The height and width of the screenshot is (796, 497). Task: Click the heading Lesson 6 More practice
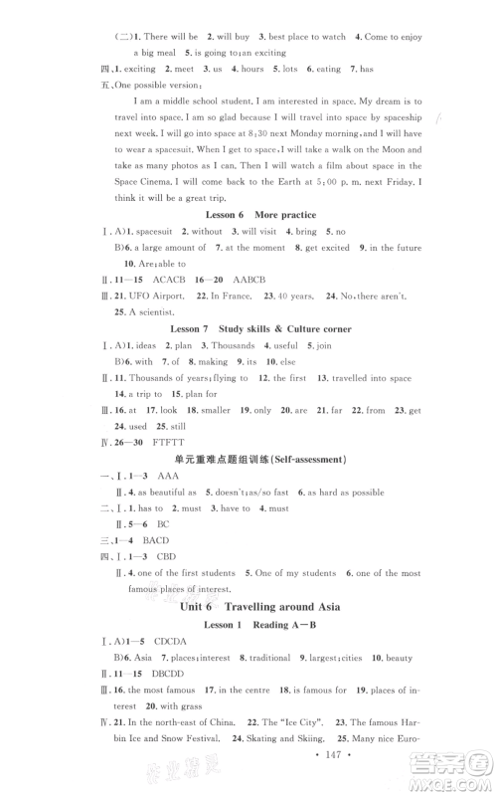tap(248, 241)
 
